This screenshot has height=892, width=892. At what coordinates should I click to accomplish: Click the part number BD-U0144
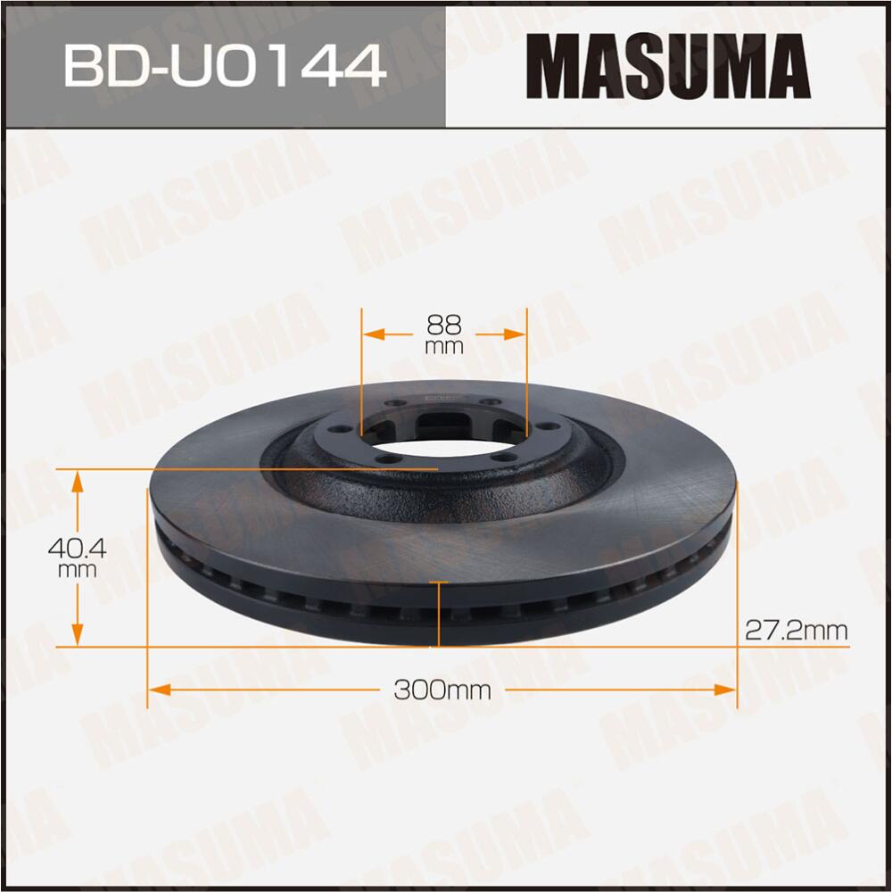point(224,66)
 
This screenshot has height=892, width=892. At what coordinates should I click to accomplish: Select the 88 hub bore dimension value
point(444,324)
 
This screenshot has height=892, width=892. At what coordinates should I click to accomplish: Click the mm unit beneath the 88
point(444,346)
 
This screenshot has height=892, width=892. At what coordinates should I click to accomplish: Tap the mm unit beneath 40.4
point(78,569)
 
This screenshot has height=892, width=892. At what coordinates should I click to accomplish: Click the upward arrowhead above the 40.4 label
point(78,483)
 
